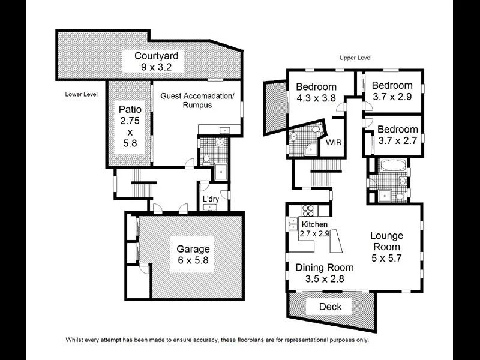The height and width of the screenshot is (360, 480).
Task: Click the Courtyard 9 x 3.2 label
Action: coord(152,61)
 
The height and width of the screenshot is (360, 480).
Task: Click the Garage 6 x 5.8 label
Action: coord(193,254)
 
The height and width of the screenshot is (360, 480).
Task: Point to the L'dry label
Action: coord(211,199)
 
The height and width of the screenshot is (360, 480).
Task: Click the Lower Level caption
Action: coord(81,95)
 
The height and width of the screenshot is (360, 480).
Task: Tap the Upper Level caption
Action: coord(355,58)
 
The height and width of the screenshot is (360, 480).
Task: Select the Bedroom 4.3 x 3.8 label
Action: coord(316,92)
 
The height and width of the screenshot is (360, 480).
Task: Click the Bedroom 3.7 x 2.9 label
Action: coord(392,91)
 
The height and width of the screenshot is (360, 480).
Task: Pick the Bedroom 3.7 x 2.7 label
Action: coord(398,135)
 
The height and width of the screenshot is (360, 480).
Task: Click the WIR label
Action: coord(334,143)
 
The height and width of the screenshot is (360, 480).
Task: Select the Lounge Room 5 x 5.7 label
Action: coord(386,247)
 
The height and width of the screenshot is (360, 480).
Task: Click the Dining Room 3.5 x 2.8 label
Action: coord(323,273)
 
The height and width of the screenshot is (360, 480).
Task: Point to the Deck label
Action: coord(330,307)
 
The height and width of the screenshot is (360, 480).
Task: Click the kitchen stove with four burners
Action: coord(308,211)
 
